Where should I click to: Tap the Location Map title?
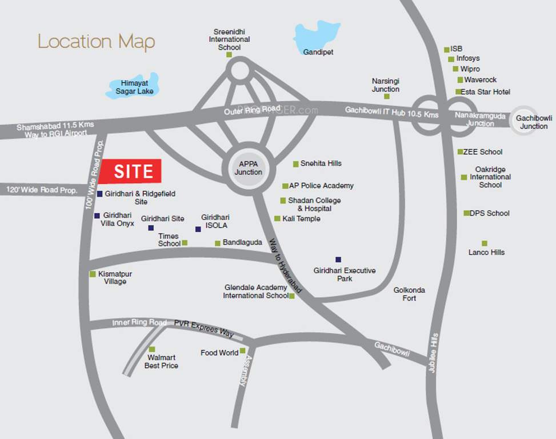pos(96,42)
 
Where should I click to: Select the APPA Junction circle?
pos(248,168)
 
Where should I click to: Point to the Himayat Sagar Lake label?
pos(134,87)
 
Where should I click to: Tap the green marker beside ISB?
pos(447,50)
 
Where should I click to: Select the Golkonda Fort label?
pos(409,294)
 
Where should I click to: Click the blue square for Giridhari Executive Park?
pos(338,259)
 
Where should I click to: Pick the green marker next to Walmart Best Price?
pos(152,349)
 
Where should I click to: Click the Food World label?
pos(219,353)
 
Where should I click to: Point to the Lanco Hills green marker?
pos(485,243)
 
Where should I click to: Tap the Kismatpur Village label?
pos(115,278)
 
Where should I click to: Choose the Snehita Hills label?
pos(321,163)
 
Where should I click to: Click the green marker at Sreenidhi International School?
pos(229,55)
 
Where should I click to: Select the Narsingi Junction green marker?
pos(387,97)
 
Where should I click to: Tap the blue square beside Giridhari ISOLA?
pos(198,229)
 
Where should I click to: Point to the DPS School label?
pos(490,213)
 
